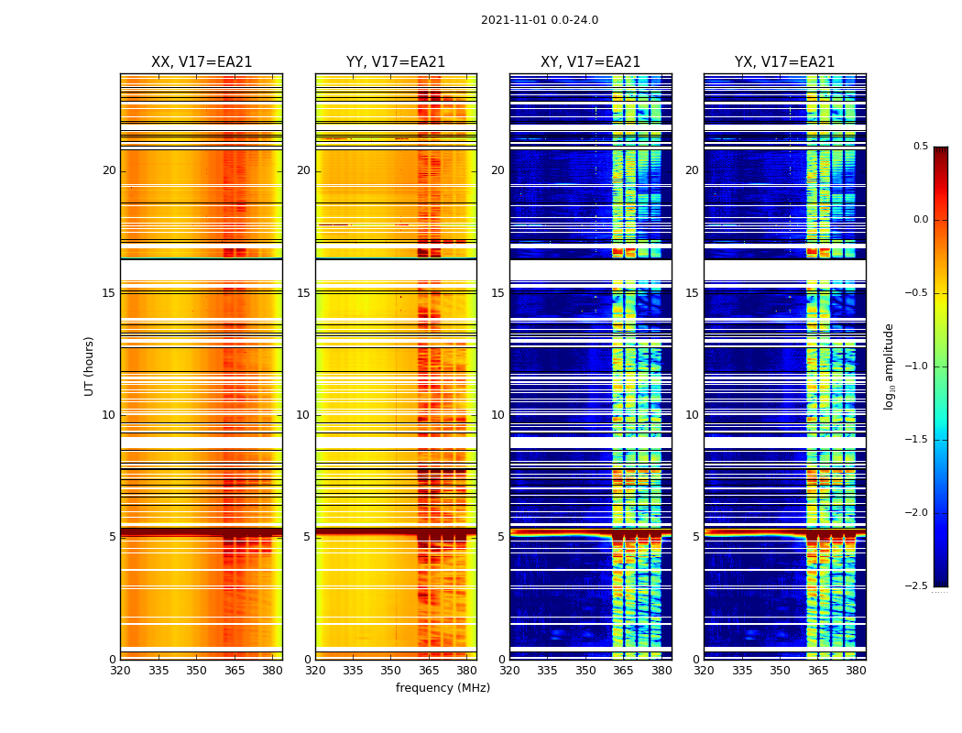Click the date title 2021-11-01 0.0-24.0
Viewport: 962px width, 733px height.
pyautogui.click(x=539, y=20)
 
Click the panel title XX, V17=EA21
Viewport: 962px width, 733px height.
pyautogui.click(x=202, y=62)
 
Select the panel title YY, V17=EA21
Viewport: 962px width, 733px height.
pyautogui.click(x=396, y=62)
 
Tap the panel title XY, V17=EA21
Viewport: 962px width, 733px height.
pyautogui.click(x=590, y=62)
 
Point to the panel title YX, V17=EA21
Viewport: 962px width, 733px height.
pyautogui.click(x=784, y=62)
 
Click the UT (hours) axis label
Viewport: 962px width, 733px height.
pyautogui.click(x=89, y=366)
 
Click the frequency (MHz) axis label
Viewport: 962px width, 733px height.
pyautogui.click(x=443, y=688)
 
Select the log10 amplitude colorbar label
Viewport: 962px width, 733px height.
pyautogui.click(x=889, y=366)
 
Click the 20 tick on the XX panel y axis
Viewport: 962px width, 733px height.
pyautogui.click(x=109, y=170)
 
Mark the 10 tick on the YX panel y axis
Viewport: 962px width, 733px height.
pyautogui.click(x=693, y=415)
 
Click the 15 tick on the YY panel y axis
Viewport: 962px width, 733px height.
pyautogui.click(x=303, y=293)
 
